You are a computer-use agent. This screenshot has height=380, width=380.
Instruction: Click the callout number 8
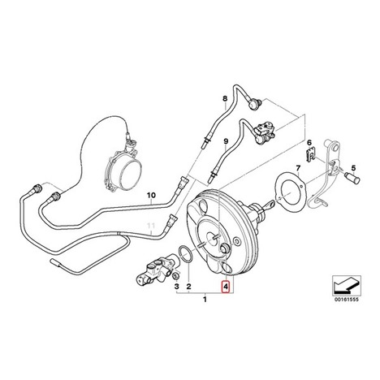(225, 99)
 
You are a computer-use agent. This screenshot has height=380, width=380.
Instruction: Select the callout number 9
(226, 141)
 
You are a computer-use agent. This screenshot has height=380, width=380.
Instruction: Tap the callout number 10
(151, 195)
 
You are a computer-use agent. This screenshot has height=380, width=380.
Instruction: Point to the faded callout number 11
(151, 225)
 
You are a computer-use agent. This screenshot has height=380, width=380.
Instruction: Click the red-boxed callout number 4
(226, 286)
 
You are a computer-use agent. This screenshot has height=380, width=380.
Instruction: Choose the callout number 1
(205, 300)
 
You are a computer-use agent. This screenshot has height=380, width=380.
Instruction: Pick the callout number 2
(189, 286)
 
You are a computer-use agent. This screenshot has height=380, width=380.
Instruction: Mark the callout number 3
(176, 286)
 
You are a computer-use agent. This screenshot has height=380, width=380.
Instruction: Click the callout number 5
(353, 167)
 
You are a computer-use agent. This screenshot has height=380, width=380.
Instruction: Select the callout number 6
(309, 142)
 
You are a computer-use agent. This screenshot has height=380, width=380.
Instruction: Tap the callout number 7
(298, 167)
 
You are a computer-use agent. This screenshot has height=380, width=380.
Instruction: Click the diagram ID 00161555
(347, 300)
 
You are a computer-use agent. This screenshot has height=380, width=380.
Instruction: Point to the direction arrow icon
(347, 286)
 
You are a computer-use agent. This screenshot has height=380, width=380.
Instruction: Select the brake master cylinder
(157, 272)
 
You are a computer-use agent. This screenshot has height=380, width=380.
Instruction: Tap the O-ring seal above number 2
(185, 254)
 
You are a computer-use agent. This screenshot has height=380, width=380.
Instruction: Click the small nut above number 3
(175, 276)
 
